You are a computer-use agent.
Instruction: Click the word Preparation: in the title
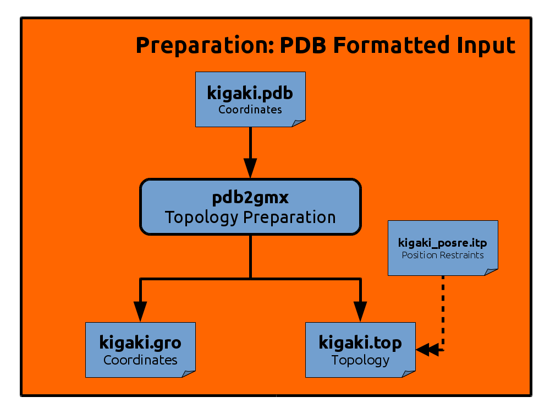pos(205,46)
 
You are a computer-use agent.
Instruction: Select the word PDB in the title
pos(303,45)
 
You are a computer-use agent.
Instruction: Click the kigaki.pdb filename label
pos(250,94)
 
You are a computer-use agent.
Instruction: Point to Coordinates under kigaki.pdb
pos(250,110)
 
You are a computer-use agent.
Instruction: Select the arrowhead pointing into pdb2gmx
pos(250,168)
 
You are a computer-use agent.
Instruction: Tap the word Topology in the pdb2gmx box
pos(202,218)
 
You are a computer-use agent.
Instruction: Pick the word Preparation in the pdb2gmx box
pos(290,218)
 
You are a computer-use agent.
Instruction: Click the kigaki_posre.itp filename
pos(443,243)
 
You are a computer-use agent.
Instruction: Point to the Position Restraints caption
pos(443,255)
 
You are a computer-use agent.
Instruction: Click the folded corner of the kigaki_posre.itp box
pos(491,272)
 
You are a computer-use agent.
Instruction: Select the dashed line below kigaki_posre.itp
pos(443,313)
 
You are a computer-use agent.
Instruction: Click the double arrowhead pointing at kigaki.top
pos(427,350)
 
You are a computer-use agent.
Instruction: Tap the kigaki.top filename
pos(360,343)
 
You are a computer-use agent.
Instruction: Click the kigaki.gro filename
pos(140,343)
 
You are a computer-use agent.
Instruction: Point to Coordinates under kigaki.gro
pos(140,360)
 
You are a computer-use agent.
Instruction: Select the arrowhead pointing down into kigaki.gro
pos(140,312)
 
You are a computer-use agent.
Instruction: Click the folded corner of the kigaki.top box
pos(409,374)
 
